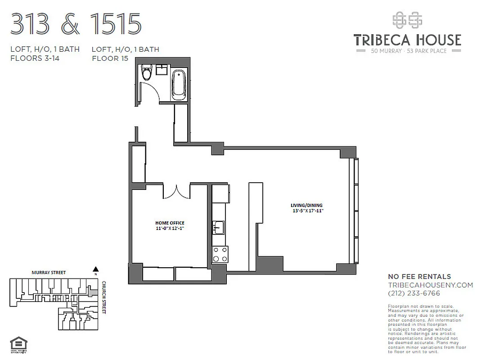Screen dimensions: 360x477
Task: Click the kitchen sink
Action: (x=219, y=228)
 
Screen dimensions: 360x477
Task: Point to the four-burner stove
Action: (x=220, y=254)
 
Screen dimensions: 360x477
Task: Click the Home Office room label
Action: (x=170, y=223)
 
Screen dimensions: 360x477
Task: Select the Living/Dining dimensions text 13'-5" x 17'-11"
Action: (x=307, y=211)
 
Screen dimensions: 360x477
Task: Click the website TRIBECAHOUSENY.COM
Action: (x=430, y=285)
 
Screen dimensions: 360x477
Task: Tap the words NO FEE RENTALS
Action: (x=419, y=277)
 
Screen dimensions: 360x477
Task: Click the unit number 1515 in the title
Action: (x=116, y=24)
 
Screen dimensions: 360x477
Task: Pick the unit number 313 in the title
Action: (x=30, y=24)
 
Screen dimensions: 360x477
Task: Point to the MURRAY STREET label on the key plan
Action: (x=49, y=273)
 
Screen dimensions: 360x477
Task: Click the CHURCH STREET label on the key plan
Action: (x=104, y=297)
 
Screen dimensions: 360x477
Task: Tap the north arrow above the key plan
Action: (x=95, y=270)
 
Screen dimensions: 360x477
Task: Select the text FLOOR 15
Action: (x=110, y=58)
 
